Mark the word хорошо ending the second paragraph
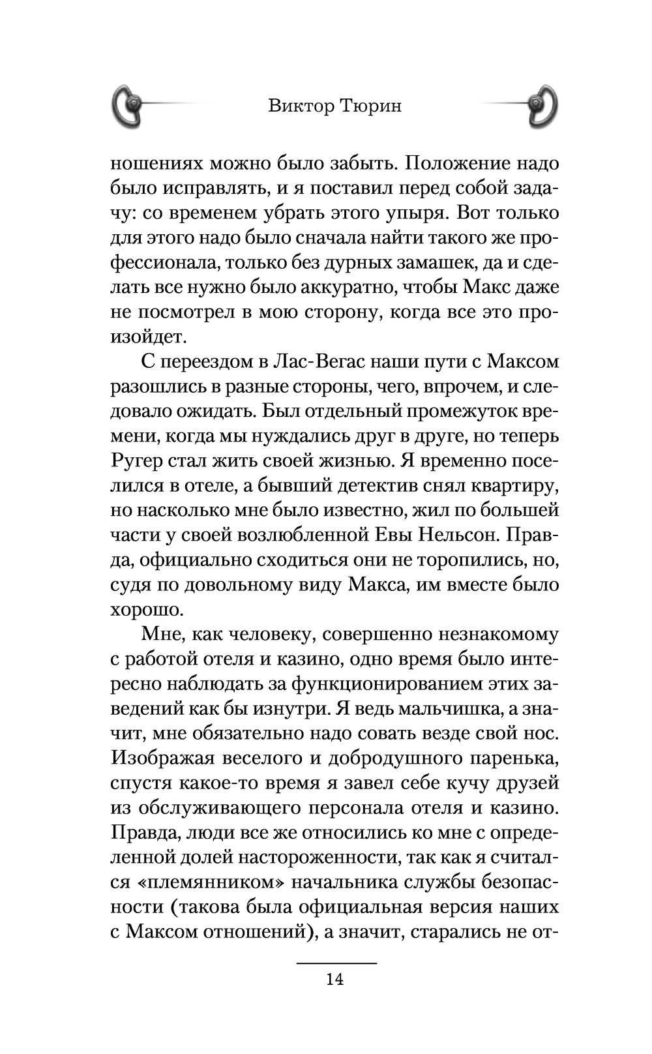(144, 609)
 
